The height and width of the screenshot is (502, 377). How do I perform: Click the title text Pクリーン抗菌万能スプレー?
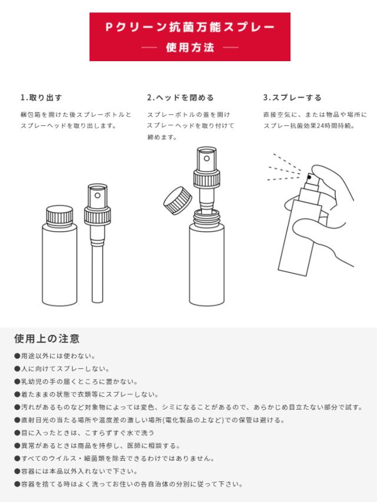[x=190, y=27]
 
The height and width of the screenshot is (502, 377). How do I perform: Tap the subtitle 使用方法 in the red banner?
[x=190, y=48]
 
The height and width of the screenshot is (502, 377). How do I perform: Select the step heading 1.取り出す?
[x=41, y=98]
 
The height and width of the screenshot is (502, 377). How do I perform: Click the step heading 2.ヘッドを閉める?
[x=180, y=98]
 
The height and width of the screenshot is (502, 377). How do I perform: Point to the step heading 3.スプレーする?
[x=292, y=98]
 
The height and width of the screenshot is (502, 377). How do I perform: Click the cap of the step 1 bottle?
[x=59, y=216]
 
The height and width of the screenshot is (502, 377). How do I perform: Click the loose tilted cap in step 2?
[x=178, y=200]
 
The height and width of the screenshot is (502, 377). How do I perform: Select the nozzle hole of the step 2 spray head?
[x=207, y=159]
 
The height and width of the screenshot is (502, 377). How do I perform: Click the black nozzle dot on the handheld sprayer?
[x=309, y=176]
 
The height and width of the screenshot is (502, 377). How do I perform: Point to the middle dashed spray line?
[x=285, y=170]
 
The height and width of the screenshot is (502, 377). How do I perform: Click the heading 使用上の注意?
[x=47, y=339]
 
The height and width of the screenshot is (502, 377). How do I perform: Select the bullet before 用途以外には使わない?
[x=17, y=356]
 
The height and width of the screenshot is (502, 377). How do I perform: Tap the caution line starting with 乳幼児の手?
[x=76, y=381]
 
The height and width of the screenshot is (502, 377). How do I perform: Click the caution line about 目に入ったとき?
[x=84, y=433]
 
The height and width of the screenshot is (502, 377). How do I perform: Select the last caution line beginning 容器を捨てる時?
[x=128, y=484]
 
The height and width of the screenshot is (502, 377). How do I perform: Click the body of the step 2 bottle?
[x=207, y=264]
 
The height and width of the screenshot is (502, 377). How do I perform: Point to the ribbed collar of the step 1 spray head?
[x=98, y=216]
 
